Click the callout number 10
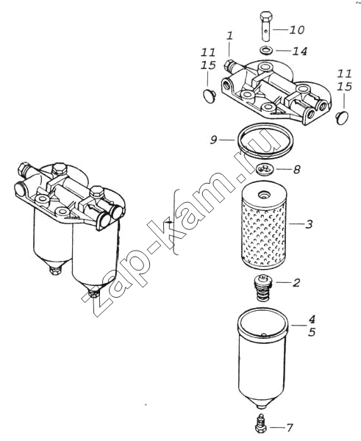tap(297, 29)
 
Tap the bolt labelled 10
tap(265, 26)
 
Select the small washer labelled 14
tap(265, 51)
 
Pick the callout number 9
tap(213, 140)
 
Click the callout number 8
tap(296, 169)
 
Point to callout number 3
tap(309, 224)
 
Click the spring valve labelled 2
tap(262, 289)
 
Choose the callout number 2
tap(296, 282)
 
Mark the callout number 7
tap(290, 428)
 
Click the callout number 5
tap(312, 332)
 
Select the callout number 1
tap(230, 36)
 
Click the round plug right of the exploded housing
tap(343, 118)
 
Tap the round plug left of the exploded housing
tap(209, 95)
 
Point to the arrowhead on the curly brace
tap(168, 222)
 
